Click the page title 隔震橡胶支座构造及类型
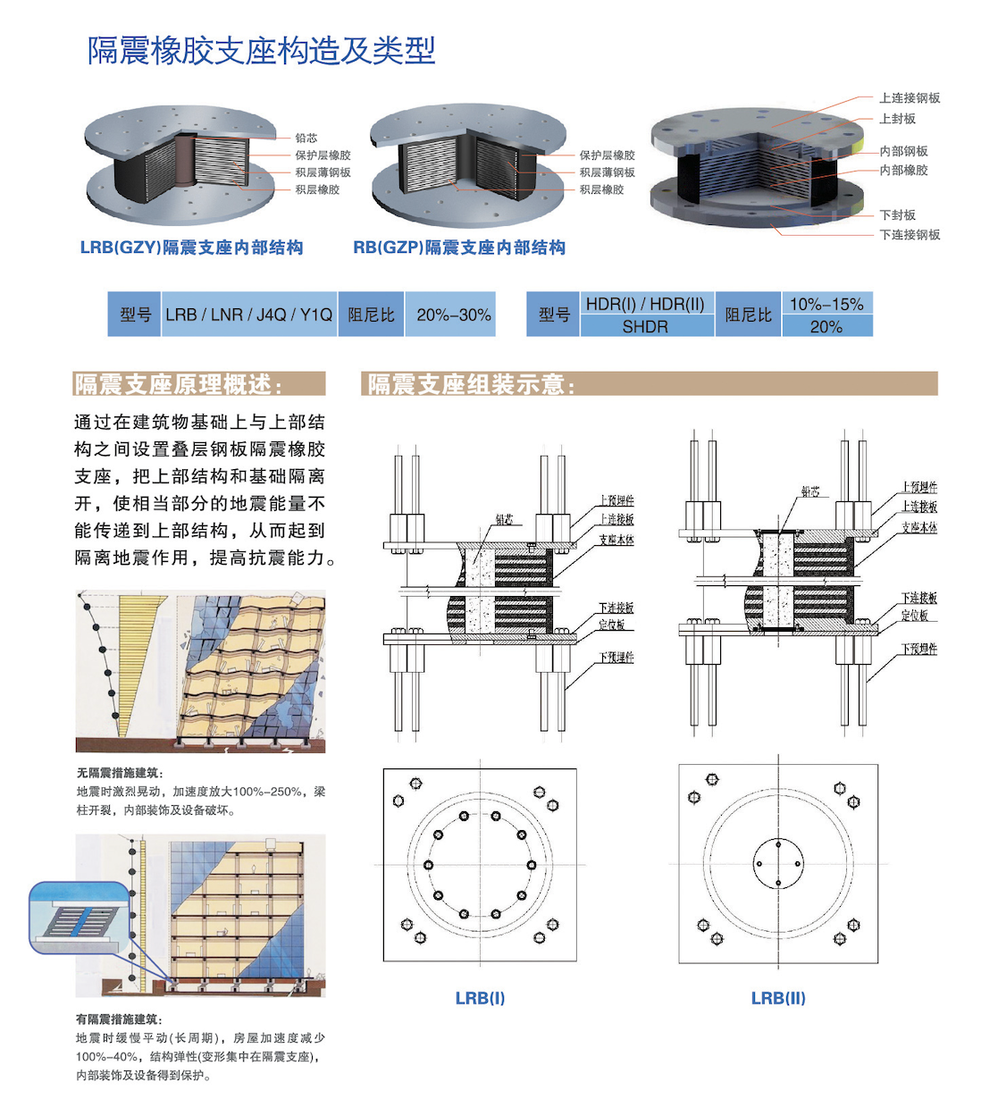click(261, 51)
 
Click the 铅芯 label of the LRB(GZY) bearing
click(306, 138)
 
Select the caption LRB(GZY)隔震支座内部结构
click(191, 247)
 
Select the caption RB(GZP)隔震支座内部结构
click(459, 247)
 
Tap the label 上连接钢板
click(910, 98)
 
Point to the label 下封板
click(897, 215)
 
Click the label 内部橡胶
click(903, 170)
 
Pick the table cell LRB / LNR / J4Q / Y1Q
click(248, 315)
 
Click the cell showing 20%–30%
click(453, 315)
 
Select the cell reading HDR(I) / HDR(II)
click(645, 304)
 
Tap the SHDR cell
click(645, 327)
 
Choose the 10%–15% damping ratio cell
click(826, 304)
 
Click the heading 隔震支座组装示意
click(471, 384)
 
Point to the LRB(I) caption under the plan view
click(480, 998)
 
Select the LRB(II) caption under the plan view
click(778, 998)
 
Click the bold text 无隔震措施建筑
click(119, 773)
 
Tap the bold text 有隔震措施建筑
click(119, 1019)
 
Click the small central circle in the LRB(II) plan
click(778, 864)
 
